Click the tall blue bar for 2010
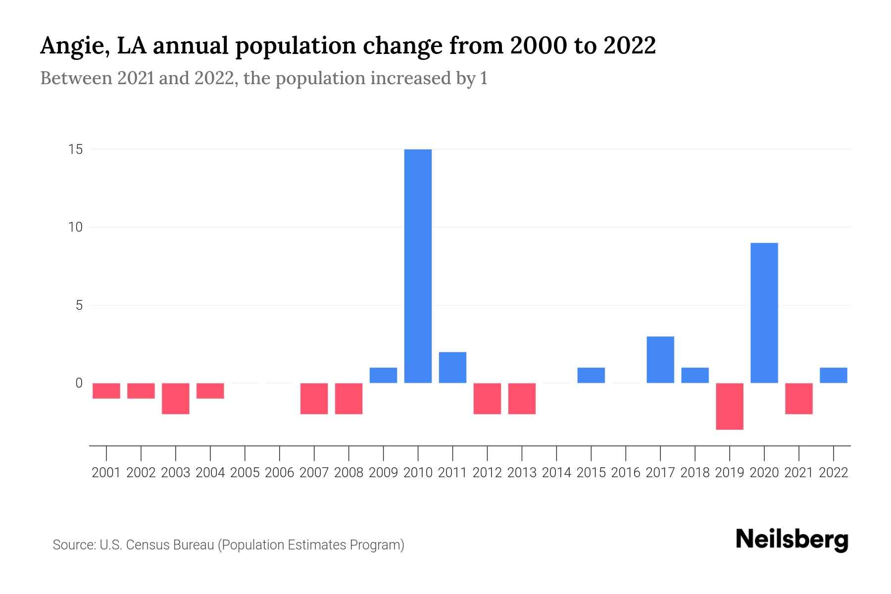click(418, 266)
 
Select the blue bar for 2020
click(764, 313)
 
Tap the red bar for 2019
click(729, 406)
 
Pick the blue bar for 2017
click(660, 360)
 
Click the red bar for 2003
click(176, 398)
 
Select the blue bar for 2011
click(452, 367)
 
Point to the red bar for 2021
click(798, 398)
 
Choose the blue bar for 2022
click(833, 375)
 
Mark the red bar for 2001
click(106, 391)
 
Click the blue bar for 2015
click(591, 375)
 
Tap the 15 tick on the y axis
click(75, 149)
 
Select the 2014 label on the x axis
click(556, 473)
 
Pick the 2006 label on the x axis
click(279, 473)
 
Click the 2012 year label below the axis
click(487, 473)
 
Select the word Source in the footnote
click(74, 545)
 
